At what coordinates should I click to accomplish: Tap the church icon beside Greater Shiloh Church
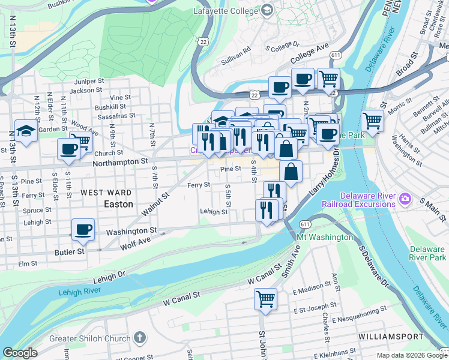click(x=140, y=337)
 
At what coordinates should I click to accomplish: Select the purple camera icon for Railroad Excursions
click(x=406, y=198)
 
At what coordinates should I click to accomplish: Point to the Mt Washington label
click(x=325, y=237)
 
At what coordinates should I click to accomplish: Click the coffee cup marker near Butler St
click(x=83, y=230)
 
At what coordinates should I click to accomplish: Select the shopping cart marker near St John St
click(x=265, y=298)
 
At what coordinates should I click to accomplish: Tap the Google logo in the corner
click(x=19, y=353)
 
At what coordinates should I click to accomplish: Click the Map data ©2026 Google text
click(x=411, y=355)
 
